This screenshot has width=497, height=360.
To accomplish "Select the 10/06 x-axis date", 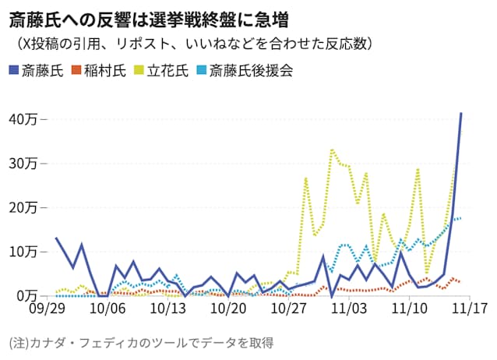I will coord(109,309).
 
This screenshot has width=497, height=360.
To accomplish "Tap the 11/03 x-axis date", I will coord(350,309).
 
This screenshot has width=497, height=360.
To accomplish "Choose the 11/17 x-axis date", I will coord(470,309).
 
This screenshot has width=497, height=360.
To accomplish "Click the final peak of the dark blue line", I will coord(461,114).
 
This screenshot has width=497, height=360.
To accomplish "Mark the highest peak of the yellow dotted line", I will coord(333,148).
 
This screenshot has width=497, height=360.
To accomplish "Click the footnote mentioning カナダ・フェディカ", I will coord(140,342).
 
